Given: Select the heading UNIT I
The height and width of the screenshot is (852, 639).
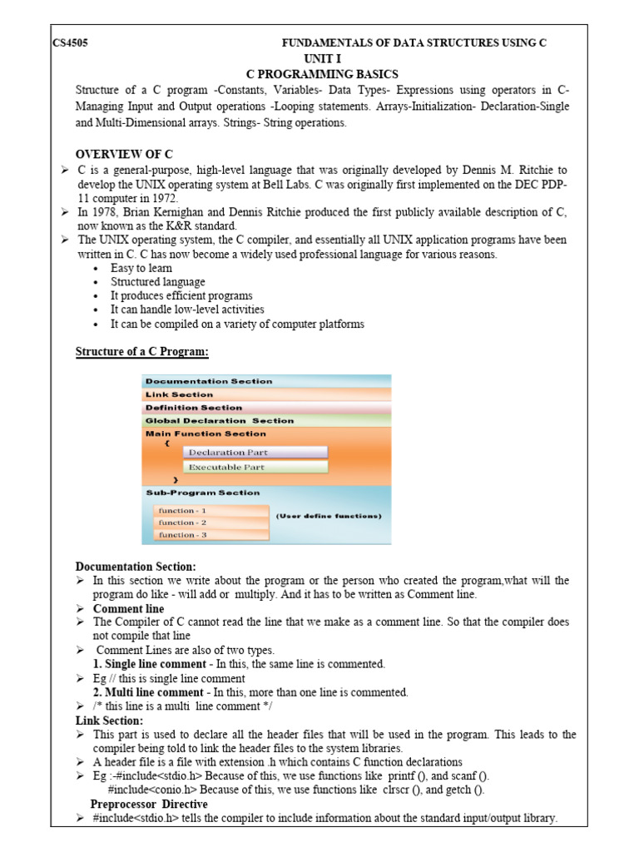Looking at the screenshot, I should (323, 58).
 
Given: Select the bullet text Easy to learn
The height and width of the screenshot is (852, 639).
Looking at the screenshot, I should (141, 268).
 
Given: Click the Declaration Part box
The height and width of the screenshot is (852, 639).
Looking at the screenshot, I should (255, 453).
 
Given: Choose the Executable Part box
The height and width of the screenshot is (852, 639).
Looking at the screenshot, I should (255, 468).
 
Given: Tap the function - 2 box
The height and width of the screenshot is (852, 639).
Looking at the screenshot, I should (210, 523).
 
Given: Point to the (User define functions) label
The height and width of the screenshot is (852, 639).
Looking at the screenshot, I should (329, 516).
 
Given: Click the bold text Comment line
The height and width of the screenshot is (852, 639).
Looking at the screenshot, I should (128, 609).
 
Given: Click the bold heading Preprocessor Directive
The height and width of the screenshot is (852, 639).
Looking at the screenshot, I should (149, 805).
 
